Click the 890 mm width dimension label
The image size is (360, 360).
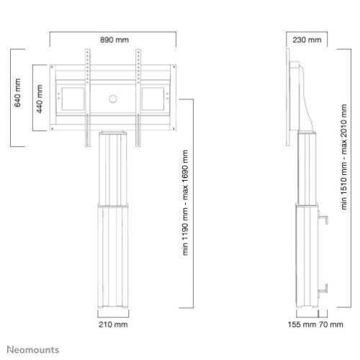click(115, 40)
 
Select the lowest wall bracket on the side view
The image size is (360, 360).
click(322, 289)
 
